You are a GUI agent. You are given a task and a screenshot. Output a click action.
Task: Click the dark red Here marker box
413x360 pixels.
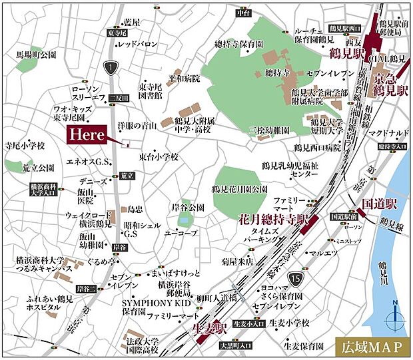pos(87,133)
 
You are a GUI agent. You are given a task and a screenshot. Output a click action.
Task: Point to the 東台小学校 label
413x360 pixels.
pos(159,157)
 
